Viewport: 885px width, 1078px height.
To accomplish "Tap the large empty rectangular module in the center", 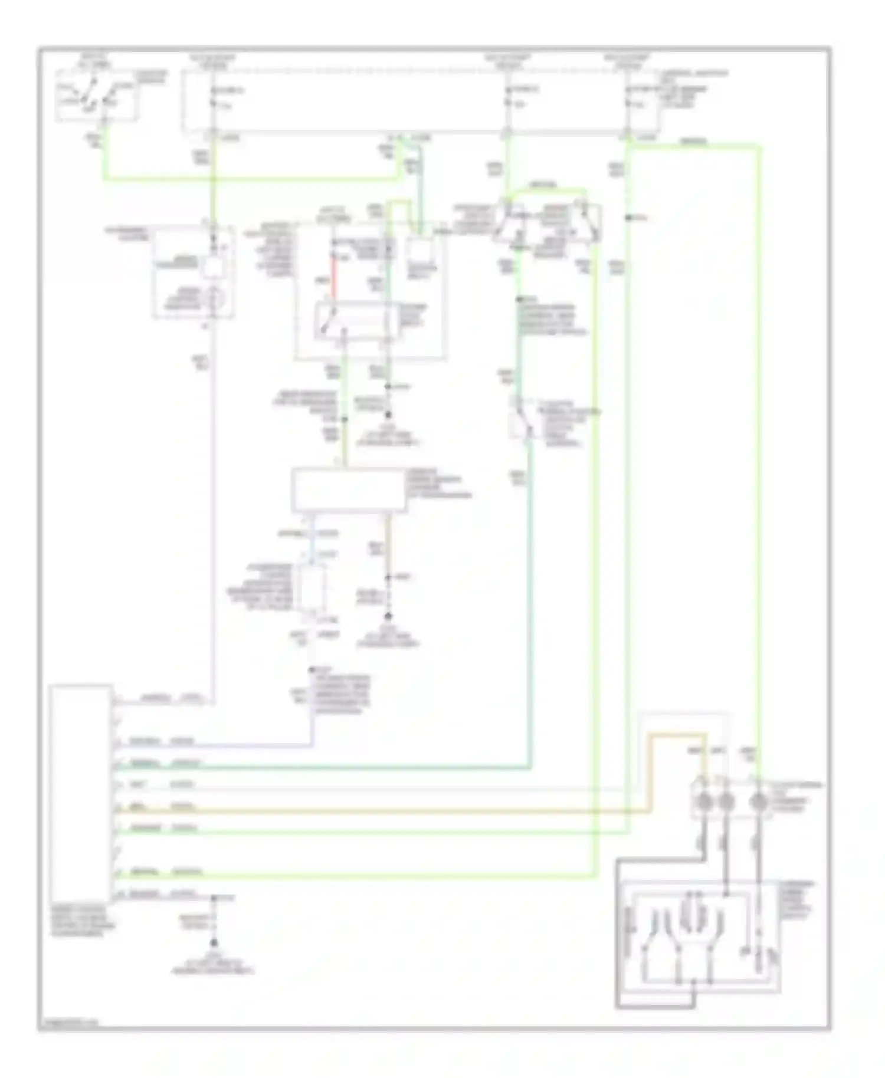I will pos(349,489).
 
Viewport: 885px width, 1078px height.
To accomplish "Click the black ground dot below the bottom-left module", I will pos(214,944).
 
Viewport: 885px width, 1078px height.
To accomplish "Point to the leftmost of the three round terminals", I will pos(703,802).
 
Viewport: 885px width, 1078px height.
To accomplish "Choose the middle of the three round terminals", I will pos(726,802).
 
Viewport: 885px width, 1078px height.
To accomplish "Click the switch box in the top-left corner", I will pos(97,96).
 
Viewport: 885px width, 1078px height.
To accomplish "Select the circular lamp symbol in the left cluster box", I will pos(212,301).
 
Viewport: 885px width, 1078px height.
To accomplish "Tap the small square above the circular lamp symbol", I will pos(212,267).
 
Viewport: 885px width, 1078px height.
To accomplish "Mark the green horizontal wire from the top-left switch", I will pos(248,178).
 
